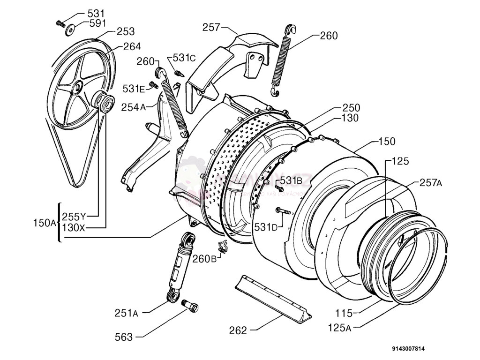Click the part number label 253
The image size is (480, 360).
pyautogui.click(x=125, y=31)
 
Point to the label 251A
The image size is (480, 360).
pyautogui.click(x=126, y=313)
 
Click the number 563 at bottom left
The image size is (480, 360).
pyautogui.click(x=123, y=337)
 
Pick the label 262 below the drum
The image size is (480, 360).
pyautogui.click(x=238, y=330)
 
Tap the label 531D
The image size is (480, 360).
pyautogui.click(x=266, y=227)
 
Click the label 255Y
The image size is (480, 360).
pyautogui.click(x=74, y=217)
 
